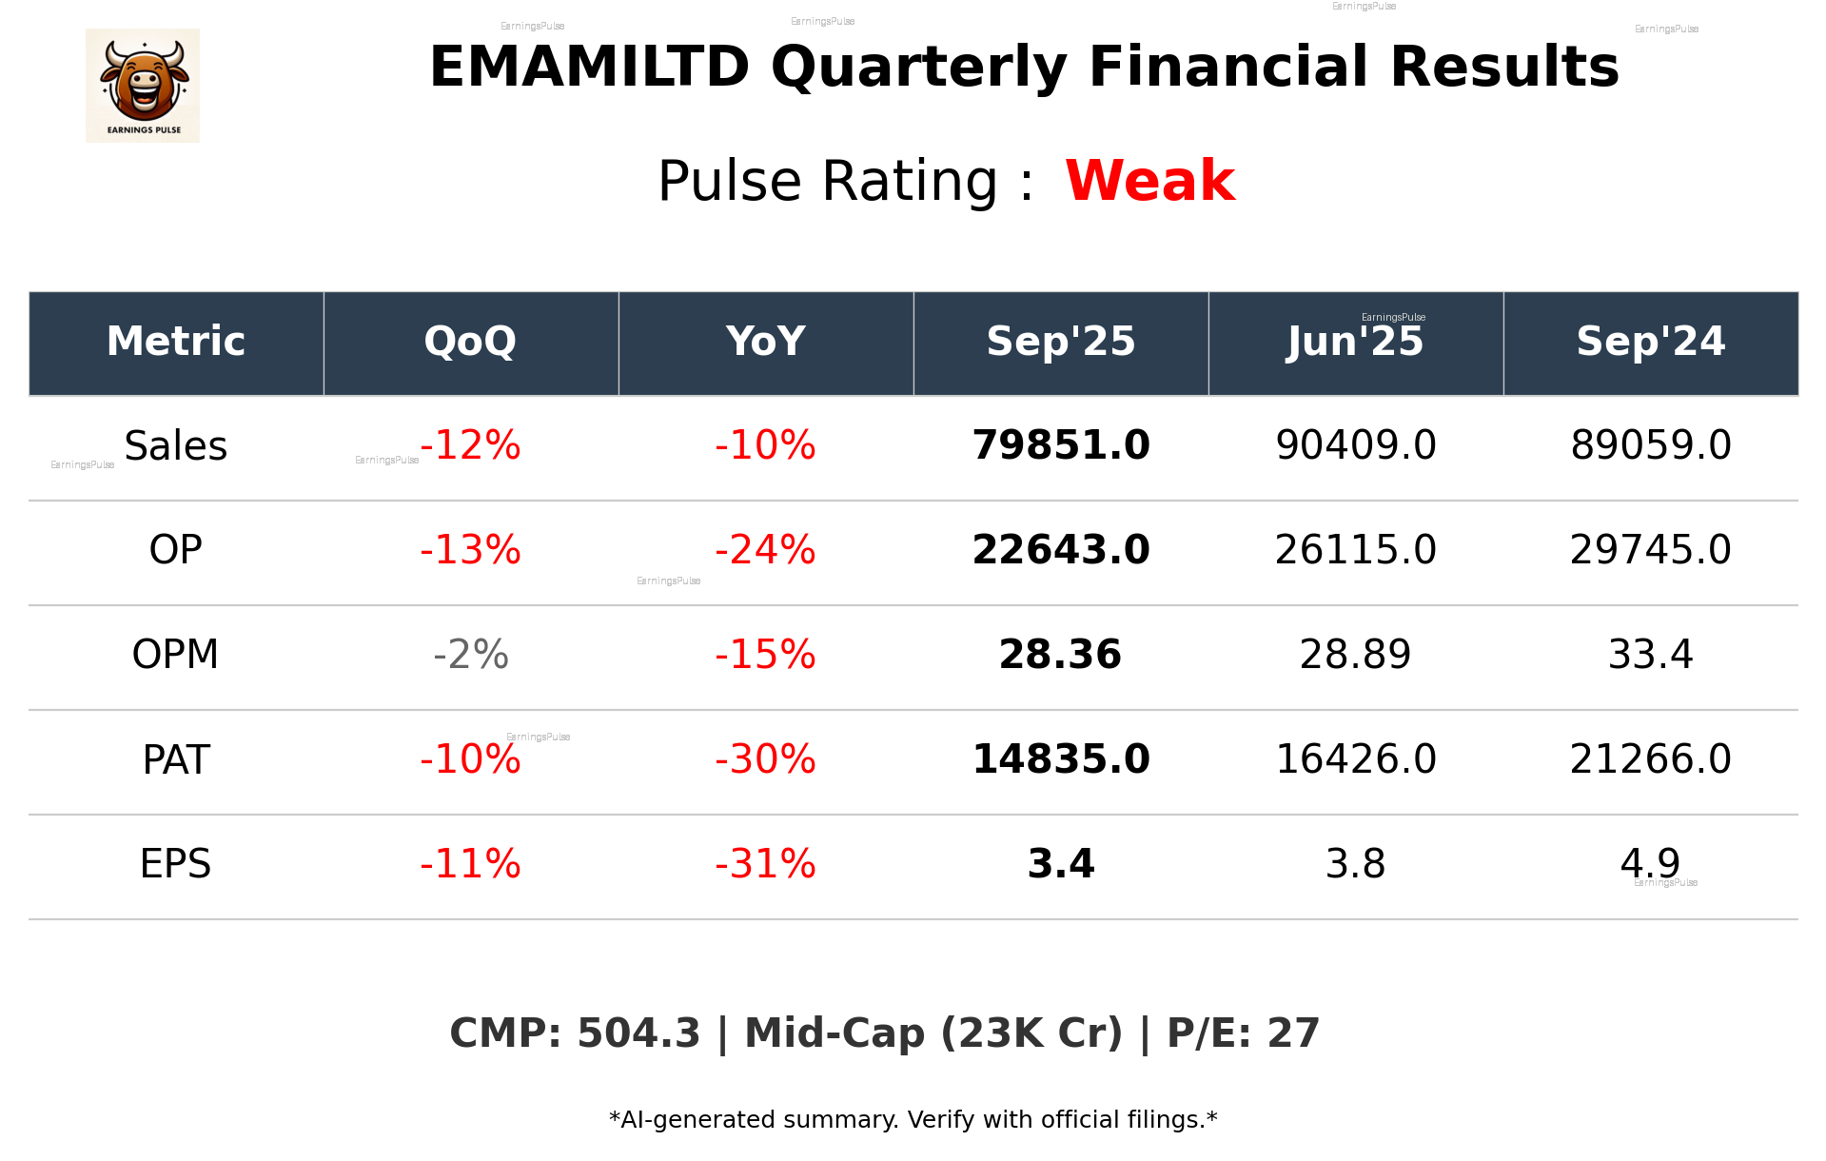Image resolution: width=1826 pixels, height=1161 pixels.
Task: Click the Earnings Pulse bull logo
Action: [x=143, y=85]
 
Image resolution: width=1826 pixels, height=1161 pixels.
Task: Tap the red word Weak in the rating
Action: [x=1149, y=181]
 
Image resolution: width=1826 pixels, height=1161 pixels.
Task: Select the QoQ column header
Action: [x=470, y=342]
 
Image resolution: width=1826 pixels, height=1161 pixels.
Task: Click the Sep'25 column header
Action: [x=1060, y=342]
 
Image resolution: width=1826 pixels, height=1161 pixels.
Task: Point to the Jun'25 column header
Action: [x=1355, y=342]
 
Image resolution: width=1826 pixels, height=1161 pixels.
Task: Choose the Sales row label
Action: [x=176, y=446]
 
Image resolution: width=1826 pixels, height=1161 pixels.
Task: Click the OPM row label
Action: [x=175, y=655]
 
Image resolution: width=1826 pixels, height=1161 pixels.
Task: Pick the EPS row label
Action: [x=175, y=864]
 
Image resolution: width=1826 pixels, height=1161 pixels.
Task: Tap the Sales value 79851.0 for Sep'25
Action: [x=1060, y=445]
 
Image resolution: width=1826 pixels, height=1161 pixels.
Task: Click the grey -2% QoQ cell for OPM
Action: [x=470, y=655]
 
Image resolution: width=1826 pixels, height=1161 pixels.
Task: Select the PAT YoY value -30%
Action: [x=765, y=759]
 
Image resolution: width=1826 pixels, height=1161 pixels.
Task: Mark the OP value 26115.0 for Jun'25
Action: [x=1355, y=550]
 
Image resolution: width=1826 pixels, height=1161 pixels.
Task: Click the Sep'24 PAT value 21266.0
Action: [x=1650, y=759]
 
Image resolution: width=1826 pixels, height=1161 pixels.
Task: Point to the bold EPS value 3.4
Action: [x=1060, y=864]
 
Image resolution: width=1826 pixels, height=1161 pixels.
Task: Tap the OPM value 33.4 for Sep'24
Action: [x=1650, y=655]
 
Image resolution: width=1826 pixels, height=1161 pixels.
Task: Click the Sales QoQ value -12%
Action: [x=470, y=445]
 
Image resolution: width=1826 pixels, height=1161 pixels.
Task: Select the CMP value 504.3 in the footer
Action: [x=638, y=1033]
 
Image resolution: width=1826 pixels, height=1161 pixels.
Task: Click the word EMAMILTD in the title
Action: [x=589, y=68]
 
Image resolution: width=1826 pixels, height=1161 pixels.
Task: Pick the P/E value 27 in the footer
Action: [x=1293, y=1033]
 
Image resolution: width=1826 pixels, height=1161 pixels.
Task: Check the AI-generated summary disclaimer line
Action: [x=913, y=1120]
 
